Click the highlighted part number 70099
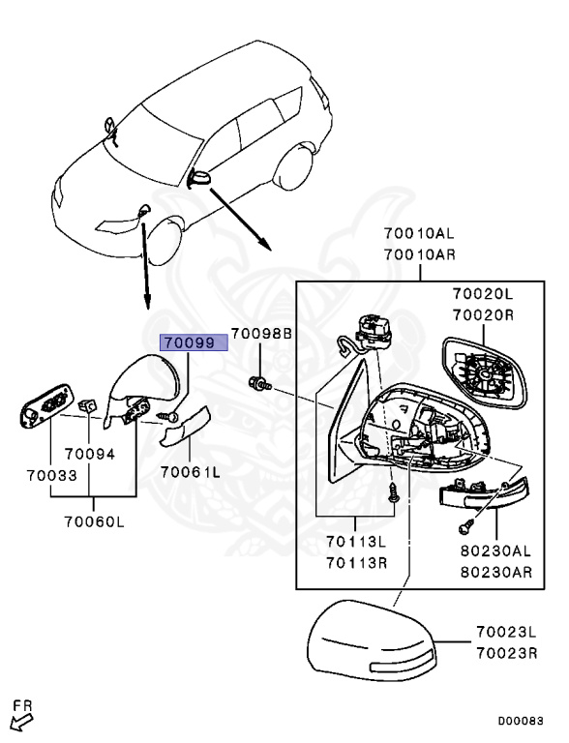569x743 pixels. point(195,342)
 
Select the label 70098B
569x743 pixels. point(261,333)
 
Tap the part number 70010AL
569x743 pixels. point(419,233)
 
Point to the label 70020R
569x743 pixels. point(483,315)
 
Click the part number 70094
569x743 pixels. point(90,454)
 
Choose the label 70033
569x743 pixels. point(51,475)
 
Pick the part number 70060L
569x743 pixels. point(94,521)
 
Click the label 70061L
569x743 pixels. point(190,472)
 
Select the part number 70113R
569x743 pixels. point(356,562)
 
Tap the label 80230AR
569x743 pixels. point(496,572)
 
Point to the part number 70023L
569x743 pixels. point(506,632)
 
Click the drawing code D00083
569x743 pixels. point(521,721)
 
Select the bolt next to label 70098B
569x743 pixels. point(259,383)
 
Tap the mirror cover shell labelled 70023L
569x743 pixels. point(372,640)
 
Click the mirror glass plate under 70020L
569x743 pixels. point(484,371)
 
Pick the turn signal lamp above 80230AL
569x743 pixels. point(484,494)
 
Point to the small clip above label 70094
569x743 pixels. point(87,405)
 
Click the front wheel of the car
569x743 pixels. point(165,241)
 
